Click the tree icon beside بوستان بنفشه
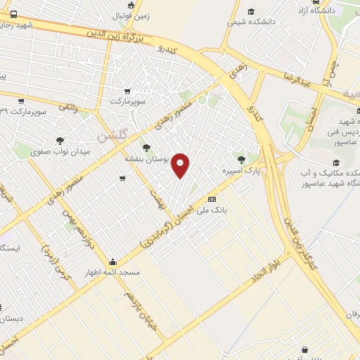pyautogui.click(x=146, y=148)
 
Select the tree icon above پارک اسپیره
pyautogui.click(x=242, y=159)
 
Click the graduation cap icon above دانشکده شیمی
pyautogui.click(x=251, y=11)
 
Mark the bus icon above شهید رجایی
pyautogui.click(x=15, y=14)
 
